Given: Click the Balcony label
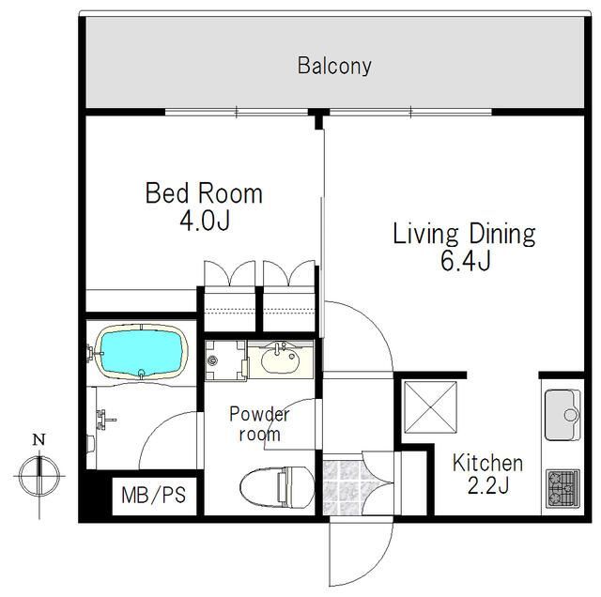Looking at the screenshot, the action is click(334, 66).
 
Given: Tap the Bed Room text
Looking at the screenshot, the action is click(204, 193).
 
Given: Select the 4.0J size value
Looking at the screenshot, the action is click(205, 221).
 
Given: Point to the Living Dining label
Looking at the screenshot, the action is click(464, 234).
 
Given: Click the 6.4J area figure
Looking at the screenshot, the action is click(466, 261).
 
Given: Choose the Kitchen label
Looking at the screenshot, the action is click(487, 463).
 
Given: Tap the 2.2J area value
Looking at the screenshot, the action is click(488, 485).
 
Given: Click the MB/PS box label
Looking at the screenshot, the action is click(154, 495).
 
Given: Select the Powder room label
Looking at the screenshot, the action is click(259, 423).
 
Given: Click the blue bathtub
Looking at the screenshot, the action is click(142, 352).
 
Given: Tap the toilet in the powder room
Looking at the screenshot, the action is click(277, 487).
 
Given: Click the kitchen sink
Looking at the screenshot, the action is click(562, 415).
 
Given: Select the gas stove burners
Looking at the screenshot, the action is click(562, 489).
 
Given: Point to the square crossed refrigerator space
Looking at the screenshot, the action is click(431, 407).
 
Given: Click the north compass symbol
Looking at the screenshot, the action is click(39, 476).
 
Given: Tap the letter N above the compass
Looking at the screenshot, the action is click(39, 439).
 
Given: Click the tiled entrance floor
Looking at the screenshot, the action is click(342, 484).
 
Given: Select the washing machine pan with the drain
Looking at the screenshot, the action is click(225, 360).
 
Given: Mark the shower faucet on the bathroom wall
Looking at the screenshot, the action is click(104, 420).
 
